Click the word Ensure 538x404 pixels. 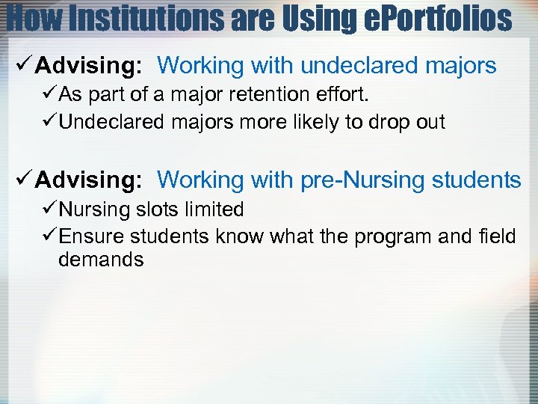92,236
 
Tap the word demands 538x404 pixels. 101,260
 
